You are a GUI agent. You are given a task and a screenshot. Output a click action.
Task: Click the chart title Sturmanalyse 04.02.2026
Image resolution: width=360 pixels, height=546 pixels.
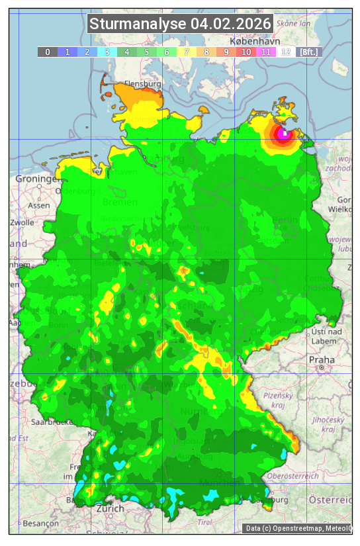[x=180, y=24]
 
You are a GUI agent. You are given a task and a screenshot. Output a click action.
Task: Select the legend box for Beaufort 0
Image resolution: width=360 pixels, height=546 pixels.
[x=47, y=52]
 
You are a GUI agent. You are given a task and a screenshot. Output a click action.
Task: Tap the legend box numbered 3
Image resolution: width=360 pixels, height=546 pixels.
[x=107, y=52]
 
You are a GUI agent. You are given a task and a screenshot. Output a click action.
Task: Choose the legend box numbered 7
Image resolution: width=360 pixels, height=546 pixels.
[x=187, y=52]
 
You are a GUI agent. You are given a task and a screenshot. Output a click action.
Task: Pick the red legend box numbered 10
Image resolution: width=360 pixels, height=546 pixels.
[x=246, y=52]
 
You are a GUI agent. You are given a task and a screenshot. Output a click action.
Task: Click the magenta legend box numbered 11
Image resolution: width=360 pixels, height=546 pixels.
[x=266, y=52]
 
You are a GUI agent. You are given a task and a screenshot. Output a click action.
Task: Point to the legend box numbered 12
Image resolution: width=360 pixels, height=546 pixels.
[x=286, y=52]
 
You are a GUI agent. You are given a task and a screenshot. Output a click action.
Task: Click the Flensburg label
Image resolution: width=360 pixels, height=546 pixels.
[x=143, y=85]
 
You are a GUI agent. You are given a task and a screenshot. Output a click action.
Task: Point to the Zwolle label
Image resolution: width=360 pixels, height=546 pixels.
[x=22, y=222]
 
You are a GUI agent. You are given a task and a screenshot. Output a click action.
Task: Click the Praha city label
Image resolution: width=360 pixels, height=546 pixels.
[x=321, y=359]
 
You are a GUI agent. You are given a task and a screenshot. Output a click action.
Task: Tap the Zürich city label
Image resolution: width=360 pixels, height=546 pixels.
[x=110, y=508]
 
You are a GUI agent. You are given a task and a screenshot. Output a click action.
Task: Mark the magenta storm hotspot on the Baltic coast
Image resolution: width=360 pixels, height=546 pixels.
[x=284, y=134]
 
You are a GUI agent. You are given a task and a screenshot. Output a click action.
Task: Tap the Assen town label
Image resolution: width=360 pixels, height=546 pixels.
[x=39, y=205]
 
